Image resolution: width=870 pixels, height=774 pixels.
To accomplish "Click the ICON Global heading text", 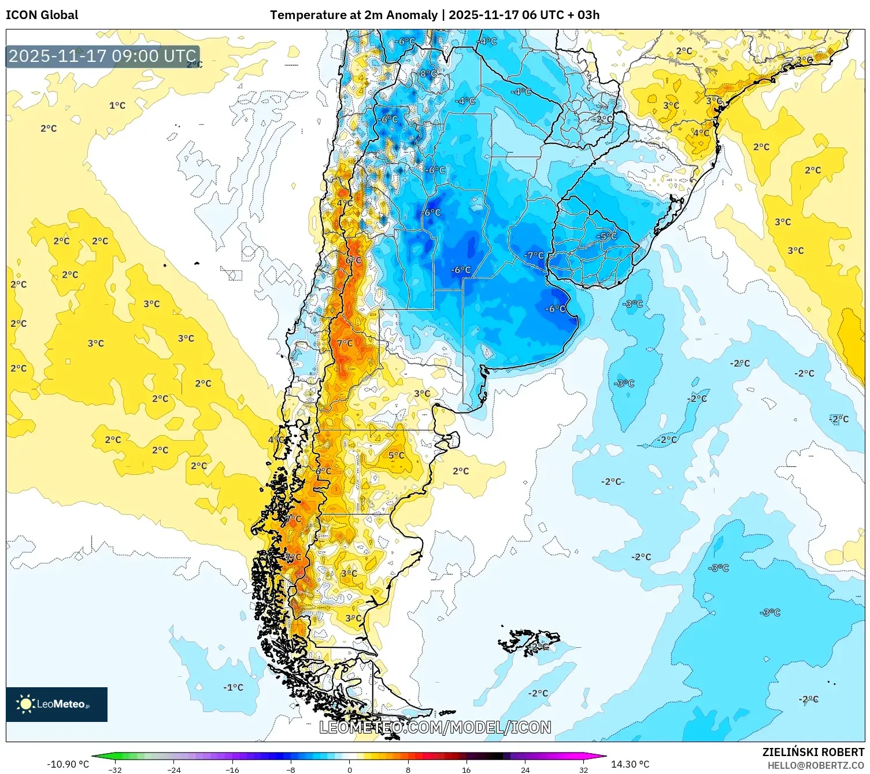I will point(42,15).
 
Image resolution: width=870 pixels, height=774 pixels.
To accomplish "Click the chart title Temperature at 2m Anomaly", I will point(353,15).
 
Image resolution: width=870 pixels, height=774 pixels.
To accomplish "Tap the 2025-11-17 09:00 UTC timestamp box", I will point(102,56).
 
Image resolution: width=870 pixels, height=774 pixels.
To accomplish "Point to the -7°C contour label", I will point(534,255).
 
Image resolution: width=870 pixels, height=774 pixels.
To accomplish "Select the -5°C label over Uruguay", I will point(607,236).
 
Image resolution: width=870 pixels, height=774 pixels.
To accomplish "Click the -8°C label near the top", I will point(428,73).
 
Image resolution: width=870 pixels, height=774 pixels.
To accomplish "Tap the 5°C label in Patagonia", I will point(396,455).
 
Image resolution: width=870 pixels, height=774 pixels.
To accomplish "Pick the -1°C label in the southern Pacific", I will point(233,687).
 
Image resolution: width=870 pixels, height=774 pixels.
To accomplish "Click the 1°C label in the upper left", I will point(117,105).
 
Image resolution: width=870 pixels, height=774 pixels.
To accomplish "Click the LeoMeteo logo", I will point(56,704).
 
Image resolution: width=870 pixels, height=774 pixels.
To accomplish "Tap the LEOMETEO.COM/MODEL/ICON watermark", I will point(435,727).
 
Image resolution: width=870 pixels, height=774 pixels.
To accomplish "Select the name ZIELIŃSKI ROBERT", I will point(813,752).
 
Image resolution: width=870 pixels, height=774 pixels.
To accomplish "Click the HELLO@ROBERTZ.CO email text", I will point(815,765).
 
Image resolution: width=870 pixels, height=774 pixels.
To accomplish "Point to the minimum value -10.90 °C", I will point(68,764).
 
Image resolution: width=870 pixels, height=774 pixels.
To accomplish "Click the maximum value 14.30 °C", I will point(630,764).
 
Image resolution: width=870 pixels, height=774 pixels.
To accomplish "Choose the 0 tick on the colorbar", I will point(349,769).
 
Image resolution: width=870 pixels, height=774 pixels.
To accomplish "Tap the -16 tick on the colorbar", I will point(232,769).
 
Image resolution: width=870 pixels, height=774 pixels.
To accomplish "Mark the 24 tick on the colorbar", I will point(525,769).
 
